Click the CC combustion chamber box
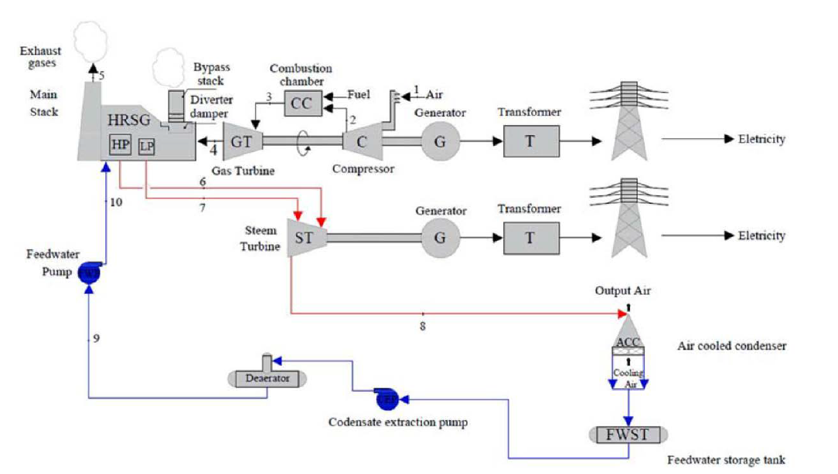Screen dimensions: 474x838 coord(301,103)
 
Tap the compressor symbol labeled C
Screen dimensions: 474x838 coord(359,141)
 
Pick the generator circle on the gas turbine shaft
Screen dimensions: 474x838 coord(440,141)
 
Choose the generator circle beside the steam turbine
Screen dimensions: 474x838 coord(440,237)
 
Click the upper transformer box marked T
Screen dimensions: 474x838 coord(530,141)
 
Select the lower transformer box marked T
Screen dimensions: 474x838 coord(530,237)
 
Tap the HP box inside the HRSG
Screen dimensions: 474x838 coord(120,145)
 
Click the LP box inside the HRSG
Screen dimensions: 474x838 coord(146,146)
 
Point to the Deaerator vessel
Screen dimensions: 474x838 coord(267,378)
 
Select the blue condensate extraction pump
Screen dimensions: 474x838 coord(387,399)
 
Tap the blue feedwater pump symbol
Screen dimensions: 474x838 coord(89,273)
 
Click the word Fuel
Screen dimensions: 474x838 coord(359,95)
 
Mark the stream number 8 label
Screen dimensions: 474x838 coord(423,327)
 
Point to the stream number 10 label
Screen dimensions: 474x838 coord(115,202)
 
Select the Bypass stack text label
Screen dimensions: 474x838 coord(209,74)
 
